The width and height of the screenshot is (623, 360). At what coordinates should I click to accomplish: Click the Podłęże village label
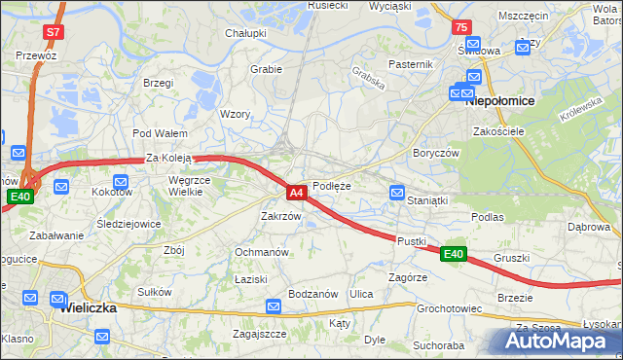pos(332,186)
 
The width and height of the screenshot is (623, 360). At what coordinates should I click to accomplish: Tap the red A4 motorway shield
pos(298,193)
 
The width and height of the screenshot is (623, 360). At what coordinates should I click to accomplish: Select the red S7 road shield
pos(54,32)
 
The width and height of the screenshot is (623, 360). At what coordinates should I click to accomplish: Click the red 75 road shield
pos(461,28)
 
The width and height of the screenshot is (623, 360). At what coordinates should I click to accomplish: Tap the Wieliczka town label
pos(89,306)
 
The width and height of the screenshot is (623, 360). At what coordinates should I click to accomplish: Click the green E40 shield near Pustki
pos(453,254)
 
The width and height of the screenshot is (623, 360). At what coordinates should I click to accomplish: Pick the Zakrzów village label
pos(280,216)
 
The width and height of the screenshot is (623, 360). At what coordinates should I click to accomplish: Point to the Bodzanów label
pos(313,294)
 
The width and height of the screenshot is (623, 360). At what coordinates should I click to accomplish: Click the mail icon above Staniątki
pos(397,193)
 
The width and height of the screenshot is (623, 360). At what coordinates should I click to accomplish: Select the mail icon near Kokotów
pos(121,181)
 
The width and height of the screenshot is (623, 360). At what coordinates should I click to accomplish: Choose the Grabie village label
pos(266,69)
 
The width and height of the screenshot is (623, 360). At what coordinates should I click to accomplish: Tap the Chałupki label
pos(246,33)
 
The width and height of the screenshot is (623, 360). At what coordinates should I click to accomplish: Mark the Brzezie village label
pos(515,297)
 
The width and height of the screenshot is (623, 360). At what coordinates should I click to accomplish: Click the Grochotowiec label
pos(450,308)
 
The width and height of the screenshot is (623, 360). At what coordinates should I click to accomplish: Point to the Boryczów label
pos(435,153)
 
